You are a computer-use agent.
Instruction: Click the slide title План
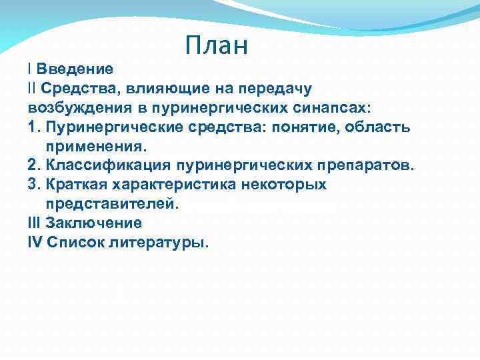pos(217,45)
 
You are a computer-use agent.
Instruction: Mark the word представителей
pos(112,203)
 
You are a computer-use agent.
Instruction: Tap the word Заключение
pos(94,223)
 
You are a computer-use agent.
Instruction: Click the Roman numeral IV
pos(35,242)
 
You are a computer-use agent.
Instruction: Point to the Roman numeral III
pos(35,223)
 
